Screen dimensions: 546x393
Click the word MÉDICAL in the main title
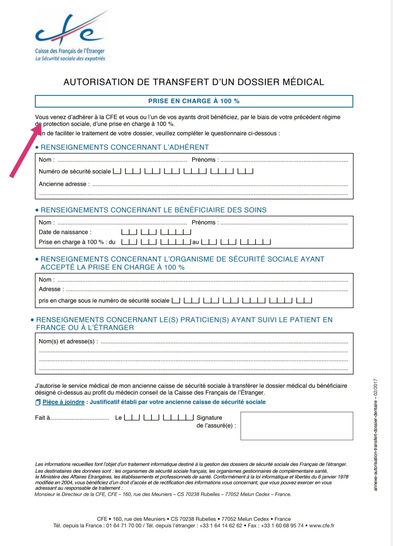point(303,82)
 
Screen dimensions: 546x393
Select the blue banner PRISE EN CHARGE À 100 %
point(194,101)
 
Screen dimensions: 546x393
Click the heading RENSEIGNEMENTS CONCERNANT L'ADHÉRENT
point(125,147)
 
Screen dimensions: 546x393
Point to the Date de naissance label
point(65,232)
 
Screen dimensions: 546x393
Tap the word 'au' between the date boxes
point(196,242)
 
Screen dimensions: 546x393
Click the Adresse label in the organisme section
point(50,289)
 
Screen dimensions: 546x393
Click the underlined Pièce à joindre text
point(63,402)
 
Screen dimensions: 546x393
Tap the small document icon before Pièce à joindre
point(38,402)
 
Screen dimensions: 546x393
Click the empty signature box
point(297,426)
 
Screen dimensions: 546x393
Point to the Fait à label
point(42,418)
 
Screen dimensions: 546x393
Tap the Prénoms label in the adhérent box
point(203,160)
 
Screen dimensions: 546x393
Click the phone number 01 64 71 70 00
point(124,526)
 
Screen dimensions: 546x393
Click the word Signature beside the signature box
point(209,418)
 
